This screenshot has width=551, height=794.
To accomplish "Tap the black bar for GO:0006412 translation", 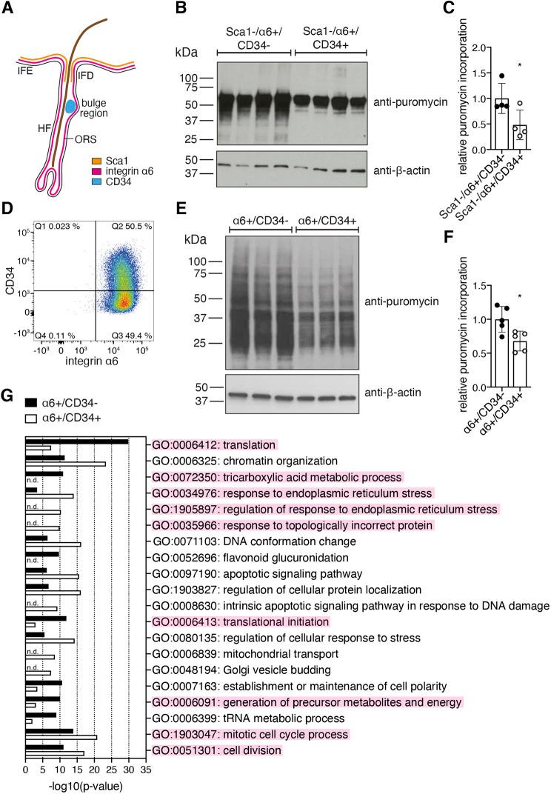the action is click(76, 441).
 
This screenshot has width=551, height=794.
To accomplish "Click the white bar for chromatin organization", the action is click(65, 464).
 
